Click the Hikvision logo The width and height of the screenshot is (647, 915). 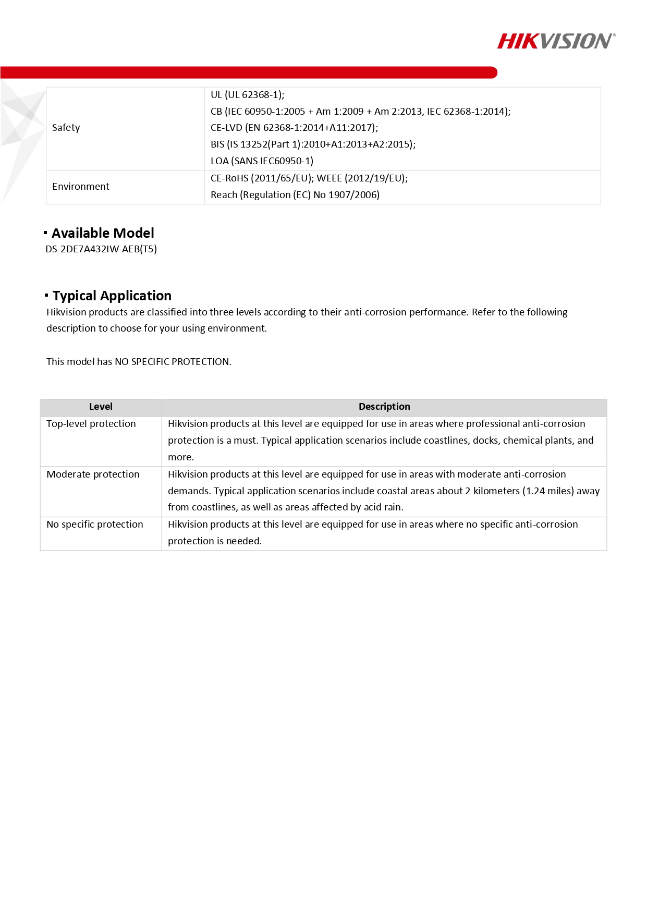pyautogui.click(x=556, y=41)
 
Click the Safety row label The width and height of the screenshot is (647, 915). pyautogui.click(x=66, y=128)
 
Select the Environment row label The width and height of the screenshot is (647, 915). pyautogui.click(x=81, y=187)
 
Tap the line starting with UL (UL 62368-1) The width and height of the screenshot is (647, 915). pyautogui.click(x=247, y=95)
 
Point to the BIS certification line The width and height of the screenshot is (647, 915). pyautogui.click(x=313, y=144)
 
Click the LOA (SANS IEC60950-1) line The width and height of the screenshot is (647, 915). pyautogui.click(x=262, y=161)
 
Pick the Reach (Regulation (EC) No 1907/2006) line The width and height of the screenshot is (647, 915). pyautogui.click(x=295, y=195)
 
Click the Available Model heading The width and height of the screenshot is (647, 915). pyautogui.click(x=103, y=233)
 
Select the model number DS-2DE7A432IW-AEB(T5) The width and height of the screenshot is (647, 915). pyautogui.click(x=101, y=249)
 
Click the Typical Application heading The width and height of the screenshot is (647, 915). pyautogui.click(x=112, y=296)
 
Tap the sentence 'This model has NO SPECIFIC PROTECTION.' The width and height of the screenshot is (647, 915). pyautogui.click(x=139, y=362)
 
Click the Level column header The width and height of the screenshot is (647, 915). pyautogui.click(x=101, y=407)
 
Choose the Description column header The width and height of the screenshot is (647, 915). pyautogui.click(x=384, y=407)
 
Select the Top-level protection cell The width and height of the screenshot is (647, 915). pyautogui.click(x=91, y=424)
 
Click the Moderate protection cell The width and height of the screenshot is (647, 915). pyautogui.click(x=93, y=474)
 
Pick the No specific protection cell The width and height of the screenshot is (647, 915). pyautogui.click(x=95, y=524)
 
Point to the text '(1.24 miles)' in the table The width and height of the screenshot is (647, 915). pyautogui.click(x=547, y=491)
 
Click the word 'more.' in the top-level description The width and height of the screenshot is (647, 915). pyautogui.click(x=180, y=457)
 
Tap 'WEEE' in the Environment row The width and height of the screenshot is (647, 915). pyautogui.click(x=329, y=178)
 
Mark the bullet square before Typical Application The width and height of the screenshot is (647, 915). pyautogui.click(x=46, y=296)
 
